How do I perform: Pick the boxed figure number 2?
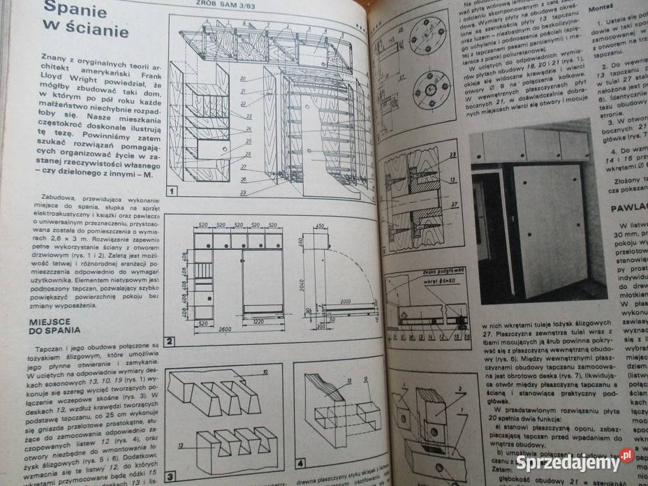[170, 341]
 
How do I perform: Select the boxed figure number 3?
[170, 477]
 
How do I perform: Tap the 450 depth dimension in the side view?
[320, 228]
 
